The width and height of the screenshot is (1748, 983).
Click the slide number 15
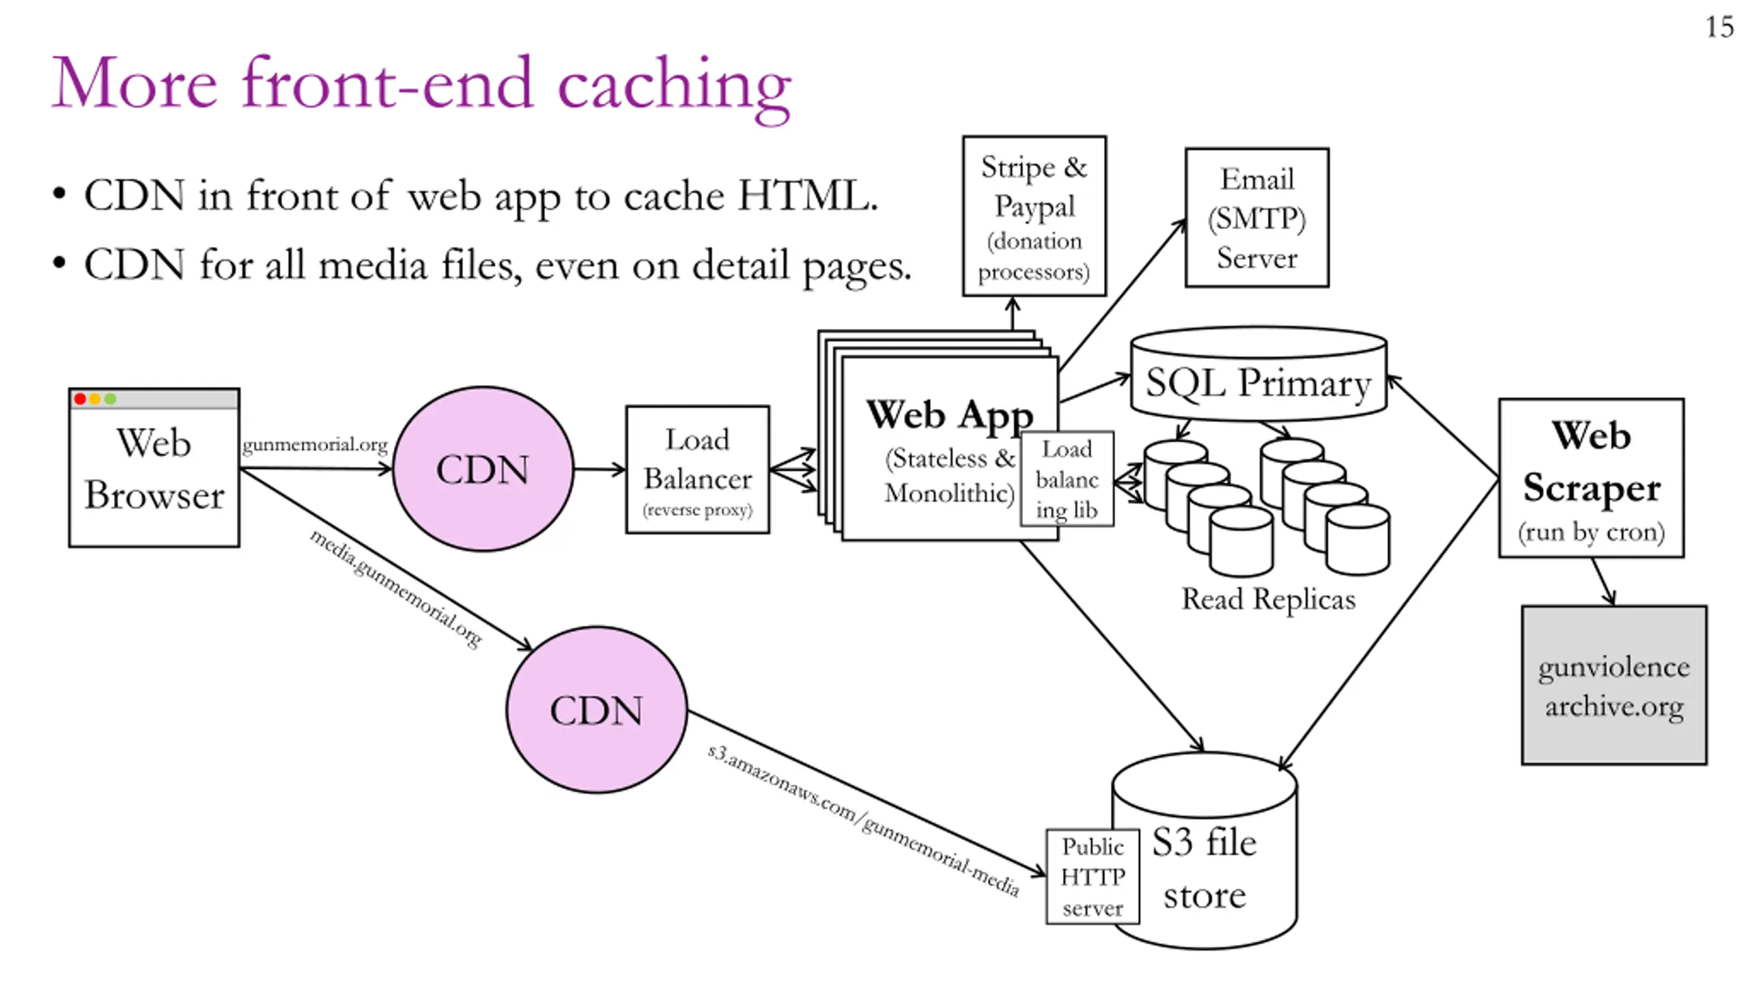click(x=1719, y=27)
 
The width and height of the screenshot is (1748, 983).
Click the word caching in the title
click(x=675, y=87)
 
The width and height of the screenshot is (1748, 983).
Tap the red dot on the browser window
click(x=80, y=399)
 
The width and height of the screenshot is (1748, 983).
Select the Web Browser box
click(x=154, y=468)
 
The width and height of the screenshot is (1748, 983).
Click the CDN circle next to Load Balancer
click(x=483, y=469)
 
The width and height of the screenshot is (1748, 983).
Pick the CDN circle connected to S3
click(x=597, y=710)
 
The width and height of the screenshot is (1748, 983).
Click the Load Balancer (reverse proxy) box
click(x=698, y=470)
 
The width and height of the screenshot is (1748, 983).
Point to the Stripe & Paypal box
click(x=1034, y=216)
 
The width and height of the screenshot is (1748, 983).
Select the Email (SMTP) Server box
click(x=1257, y=218)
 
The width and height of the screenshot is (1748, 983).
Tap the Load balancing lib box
click(x=1067, y=479)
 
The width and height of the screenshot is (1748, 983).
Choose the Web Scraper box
click(x=1592, y=478)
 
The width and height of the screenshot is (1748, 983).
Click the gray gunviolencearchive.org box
click(x=1614, y=685)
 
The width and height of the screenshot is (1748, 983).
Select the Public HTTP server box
click(x=1092, y=877)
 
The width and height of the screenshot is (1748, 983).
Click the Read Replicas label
click(x=1269, y=599)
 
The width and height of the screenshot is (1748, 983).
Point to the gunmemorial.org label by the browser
click(x=315, y=445)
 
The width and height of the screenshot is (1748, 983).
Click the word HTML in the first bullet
click(x=808, y=196)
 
